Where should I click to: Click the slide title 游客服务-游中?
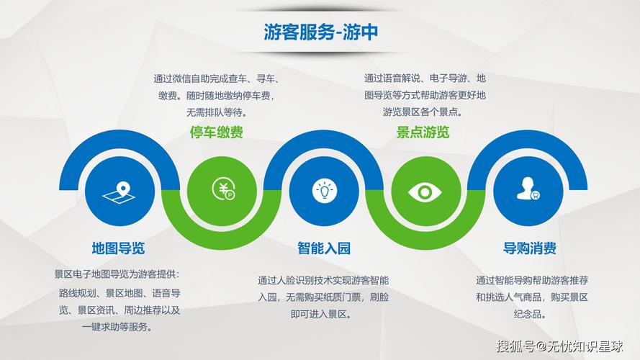coord(320,32)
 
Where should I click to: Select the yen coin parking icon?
coord(222,189)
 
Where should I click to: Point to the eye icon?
coord(425,191)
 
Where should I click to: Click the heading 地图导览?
coord(118,248)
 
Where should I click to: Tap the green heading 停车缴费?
coord(217,132)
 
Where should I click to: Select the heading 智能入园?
coord(324,248)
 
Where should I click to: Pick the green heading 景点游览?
coord(423,132)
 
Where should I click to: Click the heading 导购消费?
coord(529,248)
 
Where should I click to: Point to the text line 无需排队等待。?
coord(217,112)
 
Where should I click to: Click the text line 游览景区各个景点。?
coord(423,112)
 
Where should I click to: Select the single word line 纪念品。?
coord(531,315)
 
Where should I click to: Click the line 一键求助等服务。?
coord(117,327)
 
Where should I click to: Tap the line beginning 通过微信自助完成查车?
coord(217,78)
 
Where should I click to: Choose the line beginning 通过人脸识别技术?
coord(323,280)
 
